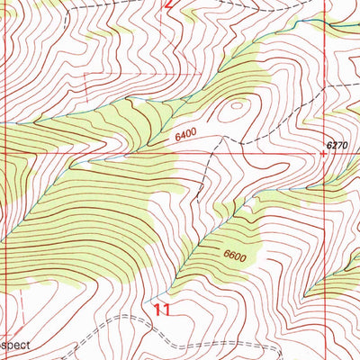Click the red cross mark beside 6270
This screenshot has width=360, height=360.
tap(323, 153)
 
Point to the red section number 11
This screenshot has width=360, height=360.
tap(162, 310)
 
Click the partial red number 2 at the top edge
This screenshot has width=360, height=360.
tap(166, 4)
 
